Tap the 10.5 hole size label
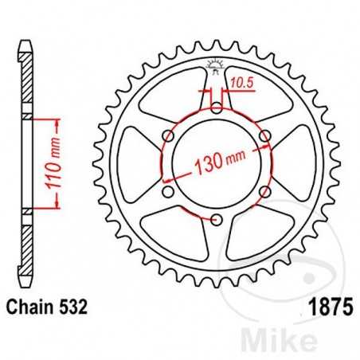coord(239,80)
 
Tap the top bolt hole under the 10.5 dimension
coord(216,108)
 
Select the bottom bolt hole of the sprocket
coord(216,218)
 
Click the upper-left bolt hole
coord(168,135)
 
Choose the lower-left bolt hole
coord(168,191)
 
